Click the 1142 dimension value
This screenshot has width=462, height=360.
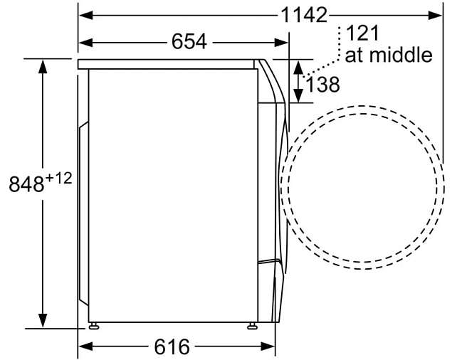coord(304,15)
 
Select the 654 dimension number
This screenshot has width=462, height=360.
coord(189,41)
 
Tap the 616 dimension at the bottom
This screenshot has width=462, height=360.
coord(172,346)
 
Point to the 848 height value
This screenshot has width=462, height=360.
coord(26,184)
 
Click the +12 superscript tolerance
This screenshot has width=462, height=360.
coord(58,179)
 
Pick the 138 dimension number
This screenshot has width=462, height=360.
coord(323,85)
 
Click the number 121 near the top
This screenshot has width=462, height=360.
coord(362,33)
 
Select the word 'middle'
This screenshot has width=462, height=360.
coord(401,55)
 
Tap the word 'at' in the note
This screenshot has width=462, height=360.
coord(355,55)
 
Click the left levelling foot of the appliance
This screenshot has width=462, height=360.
coord(94,326)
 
